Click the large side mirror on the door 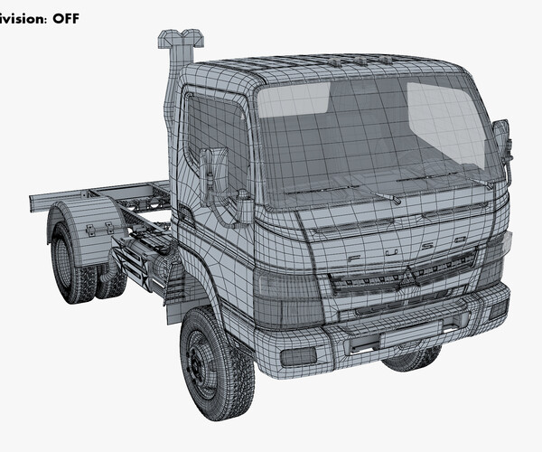[x=214, y=172]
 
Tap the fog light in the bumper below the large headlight [x=299, y=354]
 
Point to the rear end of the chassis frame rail [x=36, y=194]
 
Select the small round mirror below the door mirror [x=243, y=205]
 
